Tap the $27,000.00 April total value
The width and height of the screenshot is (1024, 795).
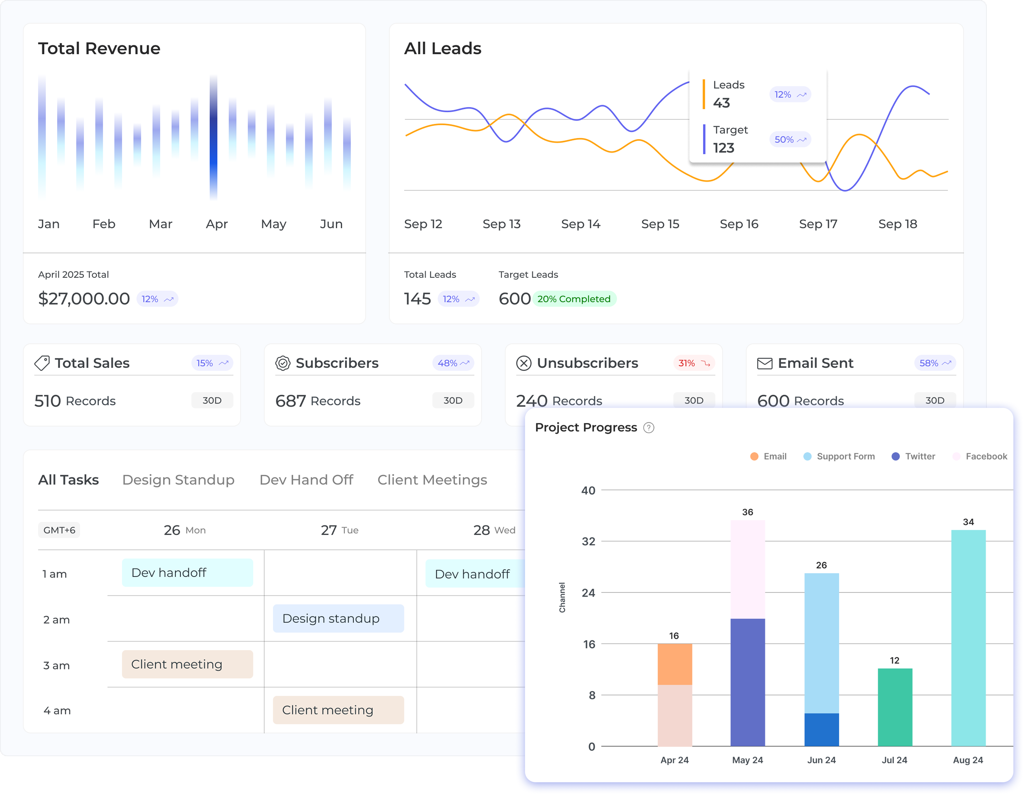(84, 299)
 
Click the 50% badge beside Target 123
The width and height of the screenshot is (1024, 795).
(790, 139)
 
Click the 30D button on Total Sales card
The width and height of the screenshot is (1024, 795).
(212, 400)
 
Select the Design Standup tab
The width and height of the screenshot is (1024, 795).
(178, 480)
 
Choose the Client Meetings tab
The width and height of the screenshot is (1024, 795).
(432, 480)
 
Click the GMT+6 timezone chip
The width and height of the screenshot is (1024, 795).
(59, 530)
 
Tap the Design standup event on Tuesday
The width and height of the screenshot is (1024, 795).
(338, 618)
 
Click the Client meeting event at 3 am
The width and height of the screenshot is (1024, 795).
(187, 664)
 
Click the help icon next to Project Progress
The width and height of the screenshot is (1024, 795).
(649, 428)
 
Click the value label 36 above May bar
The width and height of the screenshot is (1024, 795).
(747, 512)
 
